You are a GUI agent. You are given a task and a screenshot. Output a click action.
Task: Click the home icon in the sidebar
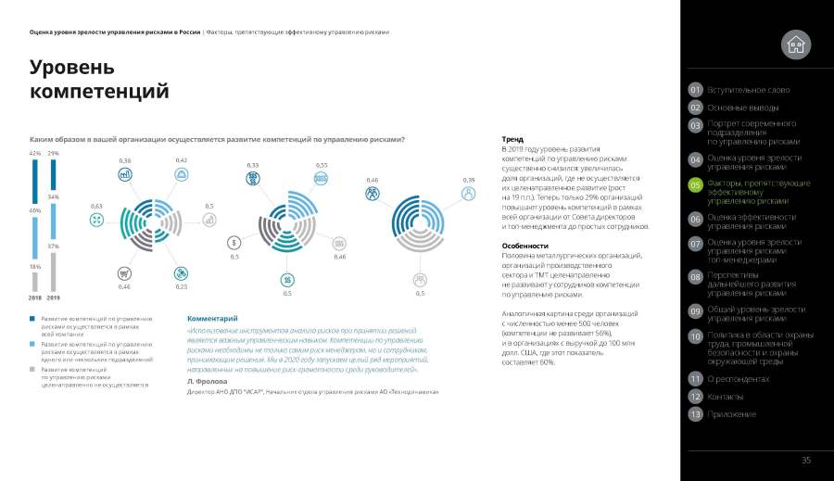[795, 44]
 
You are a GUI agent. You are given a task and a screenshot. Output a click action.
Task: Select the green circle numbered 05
[695, 186]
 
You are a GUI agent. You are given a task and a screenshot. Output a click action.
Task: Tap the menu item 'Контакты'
[726, 397]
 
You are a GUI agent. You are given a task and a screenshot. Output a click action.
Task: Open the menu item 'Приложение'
[731, 413]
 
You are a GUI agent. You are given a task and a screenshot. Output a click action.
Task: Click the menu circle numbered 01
[695, 90]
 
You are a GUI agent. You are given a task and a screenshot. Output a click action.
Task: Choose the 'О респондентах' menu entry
[739, 379]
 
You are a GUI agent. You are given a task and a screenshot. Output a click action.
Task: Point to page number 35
[806, 461]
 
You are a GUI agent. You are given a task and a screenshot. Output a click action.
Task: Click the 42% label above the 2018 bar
[35, 153]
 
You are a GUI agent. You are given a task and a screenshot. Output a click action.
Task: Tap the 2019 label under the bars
[54, 297]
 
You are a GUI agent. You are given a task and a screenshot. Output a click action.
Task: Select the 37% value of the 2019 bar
[54, 247]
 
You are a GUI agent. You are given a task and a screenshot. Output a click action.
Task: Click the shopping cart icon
[124, 273]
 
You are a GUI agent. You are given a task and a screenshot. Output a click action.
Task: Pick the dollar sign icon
[234, 243]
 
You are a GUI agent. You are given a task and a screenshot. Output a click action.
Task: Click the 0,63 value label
[96, 205]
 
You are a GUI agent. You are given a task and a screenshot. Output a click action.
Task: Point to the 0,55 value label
[322, 165]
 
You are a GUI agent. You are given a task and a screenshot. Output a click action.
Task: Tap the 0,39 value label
[469, 180]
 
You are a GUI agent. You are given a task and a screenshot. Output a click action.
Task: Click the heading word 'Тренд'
[512, 139]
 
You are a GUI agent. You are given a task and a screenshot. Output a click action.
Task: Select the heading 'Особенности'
[524, 246]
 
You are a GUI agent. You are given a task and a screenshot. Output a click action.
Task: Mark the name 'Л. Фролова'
[207, 381]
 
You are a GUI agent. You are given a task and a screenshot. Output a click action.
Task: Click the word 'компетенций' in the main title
[99, 91]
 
